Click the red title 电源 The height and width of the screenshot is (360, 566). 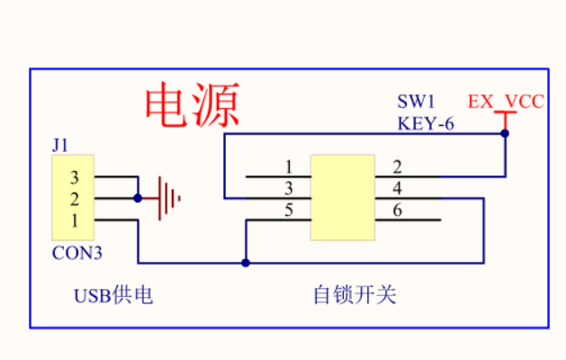192,107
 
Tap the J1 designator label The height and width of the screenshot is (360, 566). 60,143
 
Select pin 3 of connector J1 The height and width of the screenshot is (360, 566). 76,177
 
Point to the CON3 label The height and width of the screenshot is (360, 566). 76,253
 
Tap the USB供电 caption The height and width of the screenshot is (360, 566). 112,295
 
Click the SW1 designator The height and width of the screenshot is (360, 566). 416,102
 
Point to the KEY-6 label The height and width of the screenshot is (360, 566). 426,124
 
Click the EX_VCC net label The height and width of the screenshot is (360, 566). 506,102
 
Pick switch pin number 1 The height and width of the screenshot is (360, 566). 288,166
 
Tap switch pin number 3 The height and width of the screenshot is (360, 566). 288,188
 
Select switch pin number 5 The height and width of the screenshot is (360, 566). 288,211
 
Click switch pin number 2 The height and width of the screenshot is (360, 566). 397,166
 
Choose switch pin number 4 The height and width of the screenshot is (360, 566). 397,188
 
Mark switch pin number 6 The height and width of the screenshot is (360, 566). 397,211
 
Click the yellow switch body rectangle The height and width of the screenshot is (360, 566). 342,197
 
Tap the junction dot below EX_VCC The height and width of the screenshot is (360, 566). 505,133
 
